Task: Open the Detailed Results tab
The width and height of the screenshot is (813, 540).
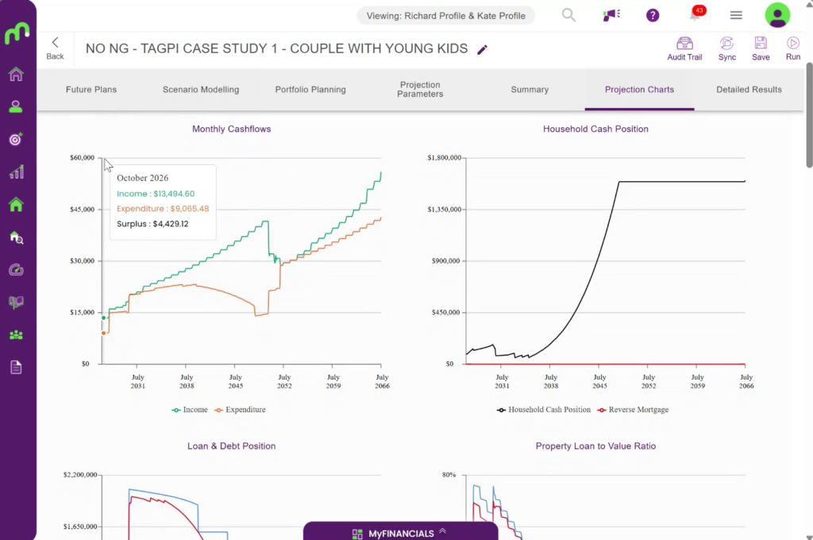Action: tap(749, 90)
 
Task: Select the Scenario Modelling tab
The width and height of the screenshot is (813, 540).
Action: tap(201, 90)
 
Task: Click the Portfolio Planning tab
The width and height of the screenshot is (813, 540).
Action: tap(310, 90)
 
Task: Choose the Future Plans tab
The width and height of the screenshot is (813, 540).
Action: tap(91, 90)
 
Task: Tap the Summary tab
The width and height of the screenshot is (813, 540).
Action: tap(530, 90)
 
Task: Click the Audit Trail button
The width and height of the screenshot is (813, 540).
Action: tap(684, 48)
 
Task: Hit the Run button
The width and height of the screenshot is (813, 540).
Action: tap(793, 48)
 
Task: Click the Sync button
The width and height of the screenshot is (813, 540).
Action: tap(727, 48)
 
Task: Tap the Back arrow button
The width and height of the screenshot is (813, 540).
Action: tap(55, 48)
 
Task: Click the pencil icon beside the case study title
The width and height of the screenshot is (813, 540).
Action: tap(482, 50)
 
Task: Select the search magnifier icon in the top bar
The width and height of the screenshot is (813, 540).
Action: tap(568, 15)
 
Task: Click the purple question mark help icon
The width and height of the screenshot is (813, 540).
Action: tap(653, 16)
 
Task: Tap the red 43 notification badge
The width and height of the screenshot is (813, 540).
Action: tap(699, 10)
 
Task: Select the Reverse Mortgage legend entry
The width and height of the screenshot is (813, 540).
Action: tap(633, 410)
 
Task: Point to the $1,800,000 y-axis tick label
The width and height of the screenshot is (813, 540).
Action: tap(444, 158)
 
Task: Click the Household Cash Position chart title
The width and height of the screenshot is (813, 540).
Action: tap(595, 129)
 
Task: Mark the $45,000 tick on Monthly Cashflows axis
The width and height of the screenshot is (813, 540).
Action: tap(83, 210)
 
